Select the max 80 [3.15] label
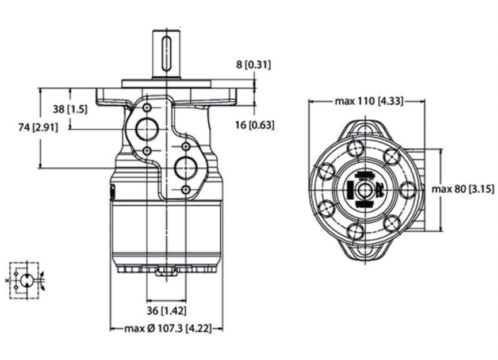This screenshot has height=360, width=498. click(463, 189)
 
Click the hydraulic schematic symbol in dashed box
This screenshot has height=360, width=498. click(25, 281)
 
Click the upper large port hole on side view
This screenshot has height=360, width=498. click(148, 129)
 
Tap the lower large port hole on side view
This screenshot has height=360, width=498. click(186, 168)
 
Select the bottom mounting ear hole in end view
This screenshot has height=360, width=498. click(365, 251)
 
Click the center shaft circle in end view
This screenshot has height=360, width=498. click(365, 190)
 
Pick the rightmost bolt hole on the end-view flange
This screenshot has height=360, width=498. click(407, 190)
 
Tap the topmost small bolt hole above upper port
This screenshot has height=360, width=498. click(148, 109)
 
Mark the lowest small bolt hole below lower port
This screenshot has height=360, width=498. click(186, 190)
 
